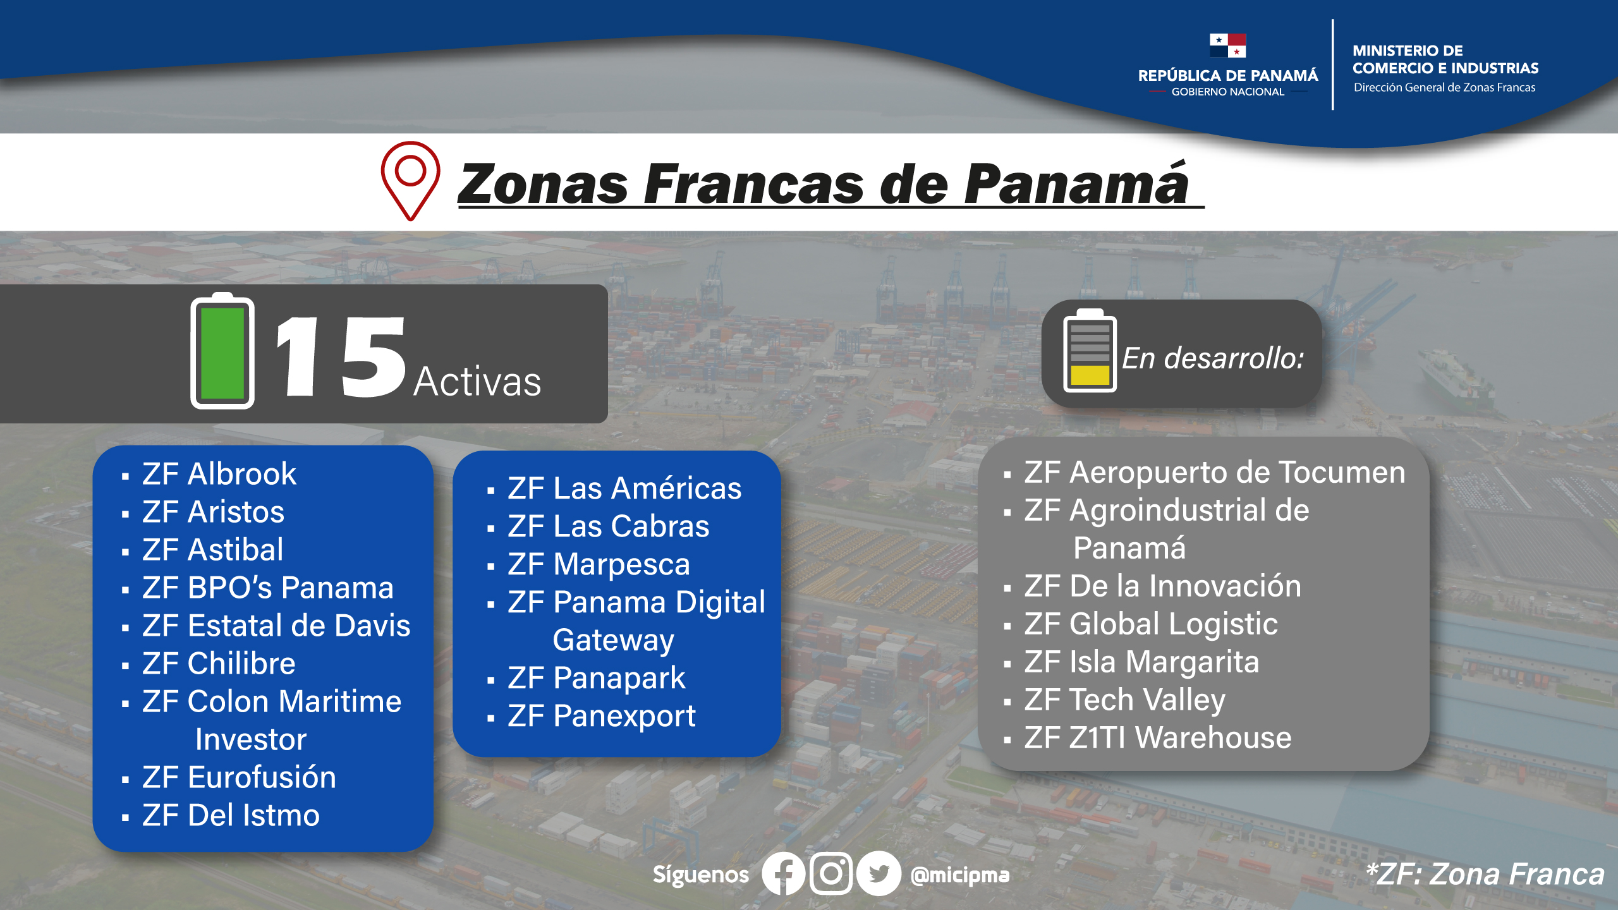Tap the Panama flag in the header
pyautogui.click(x=1227, y=45)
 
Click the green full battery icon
pyautogui.click(x=222, y=351)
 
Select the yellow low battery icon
pyautogui.click(x=1090, y=351)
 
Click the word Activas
pyautogui.click(x=478, y=382)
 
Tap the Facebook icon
pyautogui.click(x=783, y=874)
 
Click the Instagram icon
pyautogui.click(x=831, y=874)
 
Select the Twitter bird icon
pyautogui.click(x=879, y=874)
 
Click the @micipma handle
pyautogui.click(x=960, y=875)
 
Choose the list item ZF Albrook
pyautogui.click(x=219, y=474)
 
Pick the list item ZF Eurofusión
pyautogui.click(x=239, y=777)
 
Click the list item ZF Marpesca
pyautogui.click(x=599, y=564)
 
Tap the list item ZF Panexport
pyautogui.click(x=601, y=716)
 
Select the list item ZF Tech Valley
pyautogui.click(x=1125, y=700)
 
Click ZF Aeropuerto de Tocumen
pyautogui.click(x=1215, y=473)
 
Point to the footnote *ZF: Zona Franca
pyautogui.click(x=1485, y=875)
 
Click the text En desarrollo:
pyautogui.click(x=1213, y=358)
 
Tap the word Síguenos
pyautogui.click(x=701, y=875)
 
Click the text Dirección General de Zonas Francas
pyautogui.click(x=1444, y=88)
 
